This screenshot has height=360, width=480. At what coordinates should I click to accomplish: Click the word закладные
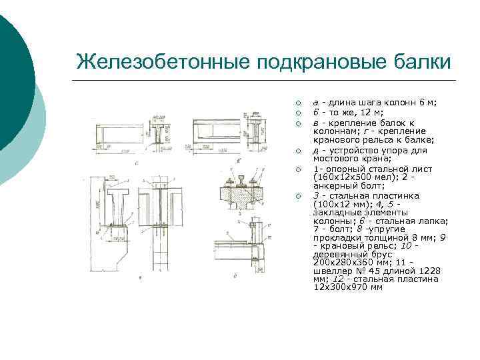[341, 211]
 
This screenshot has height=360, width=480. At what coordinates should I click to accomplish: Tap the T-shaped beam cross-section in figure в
[117, 203]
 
